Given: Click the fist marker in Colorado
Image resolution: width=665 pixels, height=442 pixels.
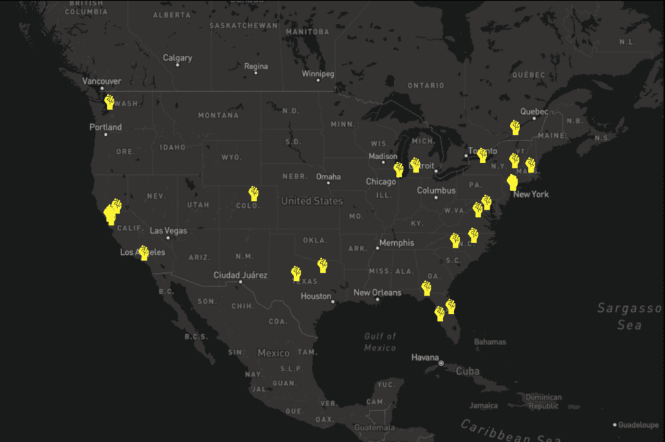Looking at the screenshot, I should pos(253,193).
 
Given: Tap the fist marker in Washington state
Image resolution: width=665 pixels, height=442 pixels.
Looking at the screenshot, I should pos(109,102).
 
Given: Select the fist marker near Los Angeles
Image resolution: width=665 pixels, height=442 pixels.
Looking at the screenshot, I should pos(144,253).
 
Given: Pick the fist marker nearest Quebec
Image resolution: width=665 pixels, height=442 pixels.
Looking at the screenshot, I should pos(515,127).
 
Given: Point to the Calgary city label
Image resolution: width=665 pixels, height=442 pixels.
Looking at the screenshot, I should pos(177,58).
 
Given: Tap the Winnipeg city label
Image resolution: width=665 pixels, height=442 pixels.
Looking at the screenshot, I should pos(318,74).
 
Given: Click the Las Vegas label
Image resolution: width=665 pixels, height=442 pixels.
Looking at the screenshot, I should pos(168,231).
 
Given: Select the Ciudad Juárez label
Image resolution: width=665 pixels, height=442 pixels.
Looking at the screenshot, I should pos(240,275).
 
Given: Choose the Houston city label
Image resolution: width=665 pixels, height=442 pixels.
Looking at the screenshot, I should pos(316,296).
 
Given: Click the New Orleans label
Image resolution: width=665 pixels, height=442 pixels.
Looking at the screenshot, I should pos(377,292).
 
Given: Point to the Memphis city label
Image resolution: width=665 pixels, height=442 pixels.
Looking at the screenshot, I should pos(397,243).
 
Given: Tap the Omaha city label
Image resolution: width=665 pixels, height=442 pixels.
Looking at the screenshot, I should pos(328,177).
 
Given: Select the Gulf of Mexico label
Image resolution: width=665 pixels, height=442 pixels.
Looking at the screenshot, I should pos(380,342).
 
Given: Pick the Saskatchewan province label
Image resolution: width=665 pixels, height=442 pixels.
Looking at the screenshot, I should pos(243,25).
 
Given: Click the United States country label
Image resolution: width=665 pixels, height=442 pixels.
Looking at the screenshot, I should pos(312,201).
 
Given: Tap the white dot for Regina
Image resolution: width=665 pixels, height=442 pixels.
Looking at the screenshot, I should pos(256,73).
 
